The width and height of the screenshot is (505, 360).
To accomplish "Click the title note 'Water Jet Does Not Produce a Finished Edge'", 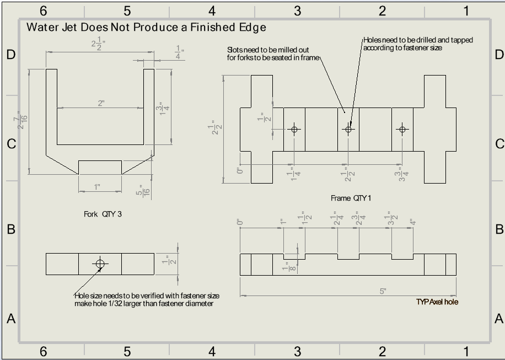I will click(146, 28).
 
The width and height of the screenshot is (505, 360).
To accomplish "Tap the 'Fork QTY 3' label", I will click(103, 214).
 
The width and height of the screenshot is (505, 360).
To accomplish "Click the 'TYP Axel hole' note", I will click(437, 302).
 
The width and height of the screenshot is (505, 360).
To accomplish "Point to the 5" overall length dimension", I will click(383, 291).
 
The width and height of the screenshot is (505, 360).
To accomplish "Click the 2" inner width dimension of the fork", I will click(101, 104).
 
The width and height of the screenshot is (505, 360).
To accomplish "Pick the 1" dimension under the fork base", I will click(98, 187).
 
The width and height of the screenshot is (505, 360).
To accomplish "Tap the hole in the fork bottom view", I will click(100, 264).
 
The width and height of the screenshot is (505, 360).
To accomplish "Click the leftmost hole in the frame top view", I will click(294, 130).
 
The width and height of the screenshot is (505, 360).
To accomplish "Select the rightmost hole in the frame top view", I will click(402, 130).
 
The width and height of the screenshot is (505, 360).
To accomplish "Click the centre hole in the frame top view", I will click(348, 130).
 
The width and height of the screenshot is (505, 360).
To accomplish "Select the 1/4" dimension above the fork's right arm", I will click(180, 52).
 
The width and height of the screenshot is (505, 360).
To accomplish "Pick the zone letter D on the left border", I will click(10, 54).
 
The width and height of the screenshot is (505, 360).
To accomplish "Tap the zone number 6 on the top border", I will click(43, 11).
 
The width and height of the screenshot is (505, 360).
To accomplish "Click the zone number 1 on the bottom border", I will click(466, 351).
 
